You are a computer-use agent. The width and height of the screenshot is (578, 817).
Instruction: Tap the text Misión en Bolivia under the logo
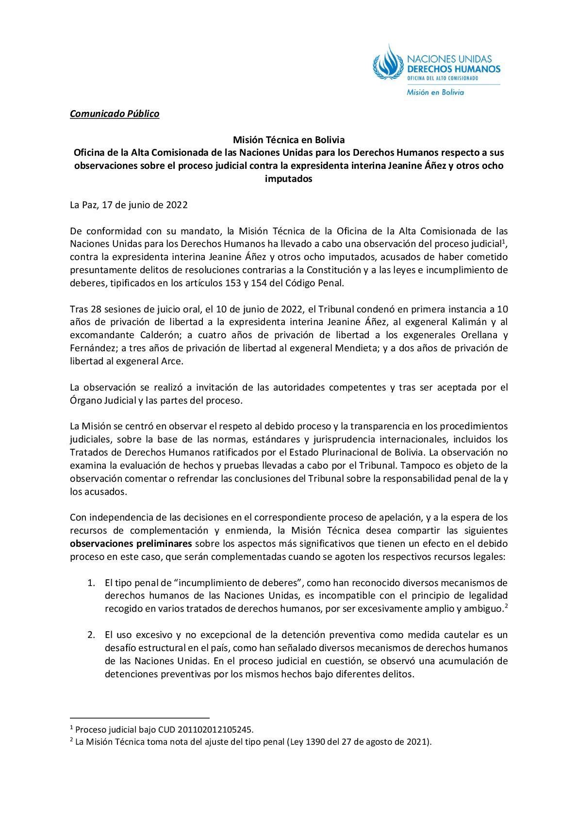[x=435, y=92]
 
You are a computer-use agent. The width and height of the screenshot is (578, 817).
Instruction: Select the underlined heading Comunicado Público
[x=115, y=114]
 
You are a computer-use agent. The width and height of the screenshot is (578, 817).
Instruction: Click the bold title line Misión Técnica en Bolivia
[x=289, y=140]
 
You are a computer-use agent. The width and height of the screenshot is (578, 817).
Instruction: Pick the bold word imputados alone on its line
[x=289, y=179]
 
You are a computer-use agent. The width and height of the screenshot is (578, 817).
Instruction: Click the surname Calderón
[x=141, y=335]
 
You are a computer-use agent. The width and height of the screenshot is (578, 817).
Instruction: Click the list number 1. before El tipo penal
[x=91, y=582]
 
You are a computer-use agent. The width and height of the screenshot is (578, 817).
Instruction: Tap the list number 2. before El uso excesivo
[x=91, y=635]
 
